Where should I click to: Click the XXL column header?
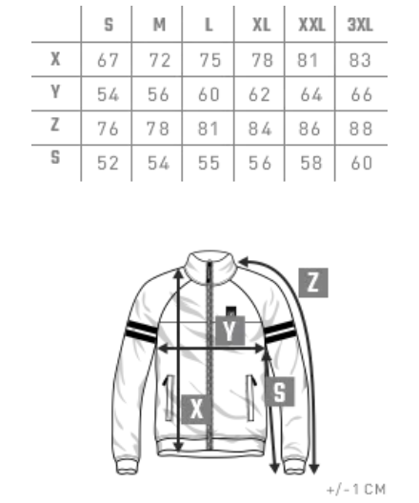coord(311,25)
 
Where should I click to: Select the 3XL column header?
coord(360,25)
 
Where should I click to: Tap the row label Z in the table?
coord(55,125)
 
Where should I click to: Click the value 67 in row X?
coord(108,60)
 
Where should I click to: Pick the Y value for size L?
coord(209,94)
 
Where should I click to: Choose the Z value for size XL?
coord(260,129)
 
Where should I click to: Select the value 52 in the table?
coord(108,163)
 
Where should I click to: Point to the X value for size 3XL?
coord(360,60)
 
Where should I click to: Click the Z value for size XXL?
coord(309,129)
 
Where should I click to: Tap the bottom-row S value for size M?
coord(158,163)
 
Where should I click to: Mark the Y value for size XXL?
coord(311,94)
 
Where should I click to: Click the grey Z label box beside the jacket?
coord(313,283)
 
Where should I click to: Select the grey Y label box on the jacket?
coord(229,331)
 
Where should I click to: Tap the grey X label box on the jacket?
coord(196,409)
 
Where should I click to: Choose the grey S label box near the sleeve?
coord(280,392)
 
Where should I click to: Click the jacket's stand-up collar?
coord(210,268)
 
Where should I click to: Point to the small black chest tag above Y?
coord(231,312)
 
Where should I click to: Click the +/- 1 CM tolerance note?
coord(356,490)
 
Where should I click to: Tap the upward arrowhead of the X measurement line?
coord(178,273)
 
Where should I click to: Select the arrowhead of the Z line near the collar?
coord(244,261)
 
